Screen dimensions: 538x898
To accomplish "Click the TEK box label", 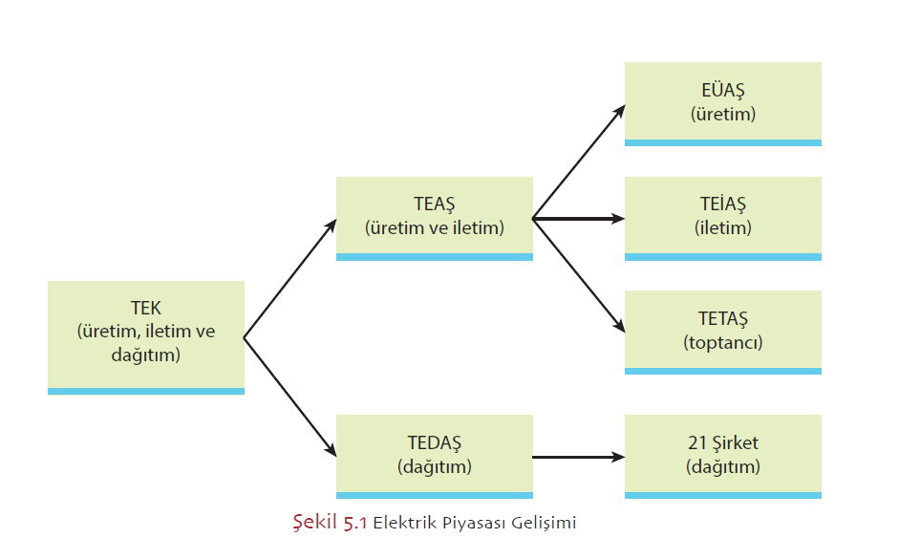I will tap(146, 309).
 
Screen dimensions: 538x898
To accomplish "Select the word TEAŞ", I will tap(435, 204).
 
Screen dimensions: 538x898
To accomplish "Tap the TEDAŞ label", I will tap(435, 443).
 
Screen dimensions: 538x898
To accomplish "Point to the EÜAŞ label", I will tap(722, 91).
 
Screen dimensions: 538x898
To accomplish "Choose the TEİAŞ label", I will tap(722, 204).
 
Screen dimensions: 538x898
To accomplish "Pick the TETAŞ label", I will tap(722, 319).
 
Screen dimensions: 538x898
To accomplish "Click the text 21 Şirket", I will tap(722, 443).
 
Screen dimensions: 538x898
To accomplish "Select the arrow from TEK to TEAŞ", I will tap(290, 278).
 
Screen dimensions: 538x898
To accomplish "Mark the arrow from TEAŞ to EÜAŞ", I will tap(578, 161).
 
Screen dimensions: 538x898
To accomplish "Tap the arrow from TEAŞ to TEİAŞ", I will tap(578, 219).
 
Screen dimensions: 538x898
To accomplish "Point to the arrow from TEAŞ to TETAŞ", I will tap(578, 275).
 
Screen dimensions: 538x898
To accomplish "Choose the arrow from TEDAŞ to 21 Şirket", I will tap(578, 458).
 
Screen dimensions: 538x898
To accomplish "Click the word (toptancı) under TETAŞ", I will tap(722, 342).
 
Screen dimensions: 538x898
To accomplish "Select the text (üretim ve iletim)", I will tap(435, 228).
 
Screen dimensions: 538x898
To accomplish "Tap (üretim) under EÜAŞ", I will tap(722, 114).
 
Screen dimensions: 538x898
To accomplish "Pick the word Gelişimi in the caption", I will tap(544, 523).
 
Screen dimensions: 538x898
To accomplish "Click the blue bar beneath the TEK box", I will tap(146, 391).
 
